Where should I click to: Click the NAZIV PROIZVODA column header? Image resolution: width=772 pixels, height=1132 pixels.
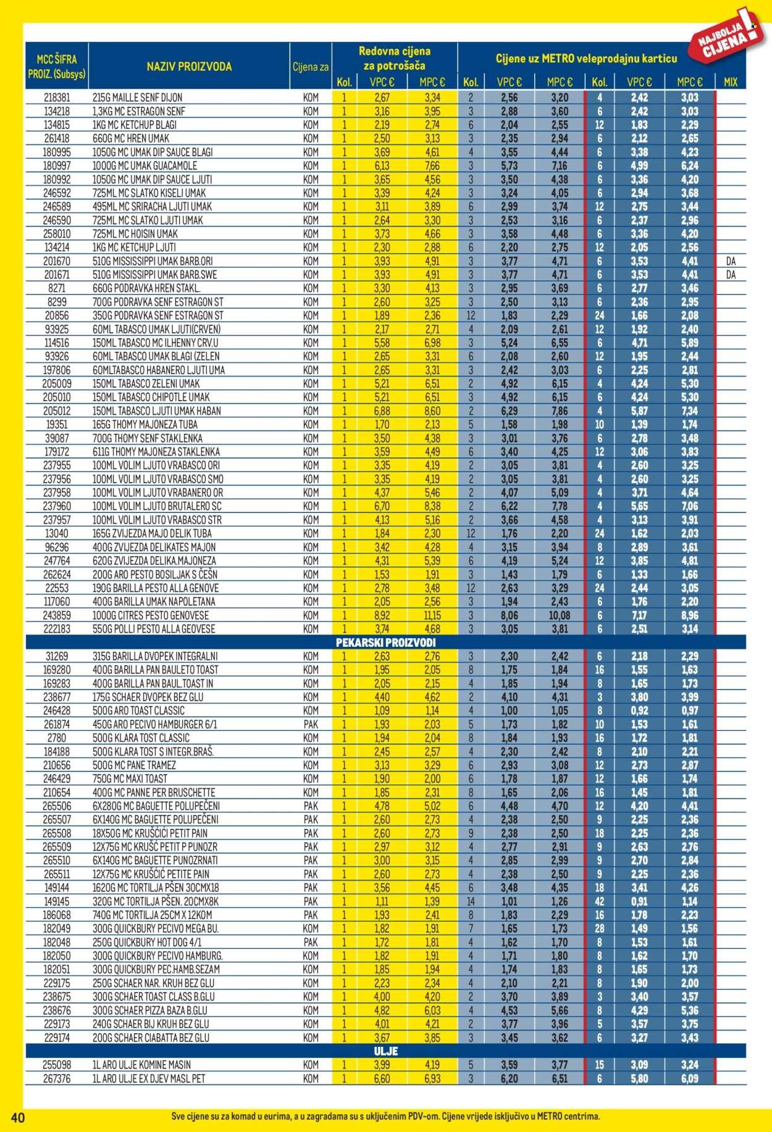click(189, 67)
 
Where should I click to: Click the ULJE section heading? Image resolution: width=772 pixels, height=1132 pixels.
click(385, 1051)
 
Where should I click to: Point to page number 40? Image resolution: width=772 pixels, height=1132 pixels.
click(12, 1117)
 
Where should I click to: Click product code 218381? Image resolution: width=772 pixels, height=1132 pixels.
click(57, 98)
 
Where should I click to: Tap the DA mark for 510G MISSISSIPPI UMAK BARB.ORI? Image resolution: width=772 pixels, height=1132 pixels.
click(731, 261)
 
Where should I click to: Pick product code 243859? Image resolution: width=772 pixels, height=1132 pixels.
click(57, 615)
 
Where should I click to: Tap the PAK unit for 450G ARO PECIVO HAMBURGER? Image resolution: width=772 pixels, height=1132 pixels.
click(311, 724)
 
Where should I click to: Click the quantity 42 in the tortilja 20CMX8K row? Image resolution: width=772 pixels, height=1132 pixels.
click(598, 901)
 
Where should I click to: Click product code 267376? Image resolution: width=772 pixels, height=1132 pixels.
click(57, 1078)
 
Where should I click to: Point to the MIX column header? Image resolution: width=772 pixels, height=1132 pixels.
click(730, 82)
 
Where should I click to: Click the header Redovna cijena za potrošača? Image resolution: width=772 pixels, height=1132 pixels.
click(394, 58)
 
